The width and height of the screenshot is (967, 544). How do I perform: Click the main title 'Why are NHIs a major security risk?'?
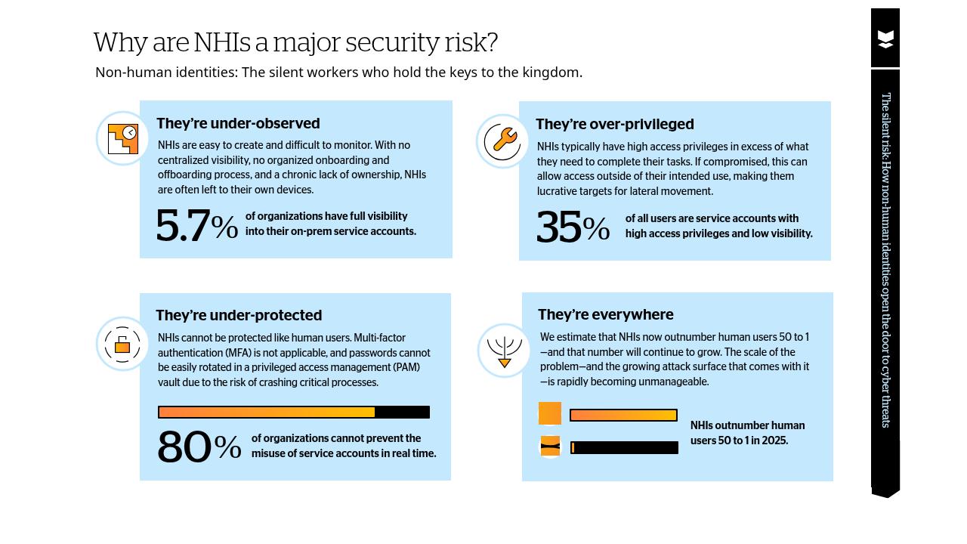[295, 42]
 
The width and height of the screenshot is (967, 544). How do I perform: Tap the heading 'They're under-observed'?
[238, 123]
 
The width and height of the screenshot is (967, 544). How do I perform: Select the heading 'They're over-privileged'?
[614, 124]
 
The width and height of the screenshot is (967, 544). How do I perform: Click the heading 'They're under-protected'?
[239, 315]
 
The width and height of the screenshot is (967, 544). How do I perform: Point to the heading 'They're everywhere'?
[605, 314]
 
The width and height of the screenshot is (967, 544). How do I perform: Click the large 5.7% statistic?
[196, 226]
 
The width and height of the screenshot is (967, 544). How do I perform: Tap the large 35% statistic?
[573, 227]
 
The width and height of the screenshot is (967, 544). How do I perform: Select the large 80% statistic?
[199, 447]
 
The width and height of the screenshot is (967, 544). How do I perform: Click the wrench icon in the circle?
[502, 141]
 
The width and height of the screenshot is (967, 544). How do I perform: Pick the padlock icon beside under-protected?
[122, 345]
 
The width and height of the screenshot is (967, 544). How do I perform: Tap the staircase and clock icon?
[122, 139]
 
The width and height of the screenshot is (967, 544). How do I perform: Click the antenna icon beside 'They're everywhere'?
[504, 351]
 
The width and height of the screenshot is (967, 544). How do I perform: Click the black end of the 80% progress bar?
[402, 413]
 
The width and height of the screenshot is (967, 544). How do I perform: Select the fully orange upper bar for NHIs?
[623, 416]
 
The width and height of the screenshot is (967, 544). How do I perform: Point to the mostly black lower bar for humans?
[625, 448]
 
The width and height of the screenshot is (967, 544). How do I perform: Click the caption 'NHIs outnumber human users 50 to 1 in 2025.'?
[747, 433]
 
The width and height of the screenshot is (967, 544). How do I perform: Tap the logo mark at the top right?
[885, 39]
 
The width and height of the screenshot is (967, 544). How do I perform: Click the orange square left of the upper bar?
[550, 413]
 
